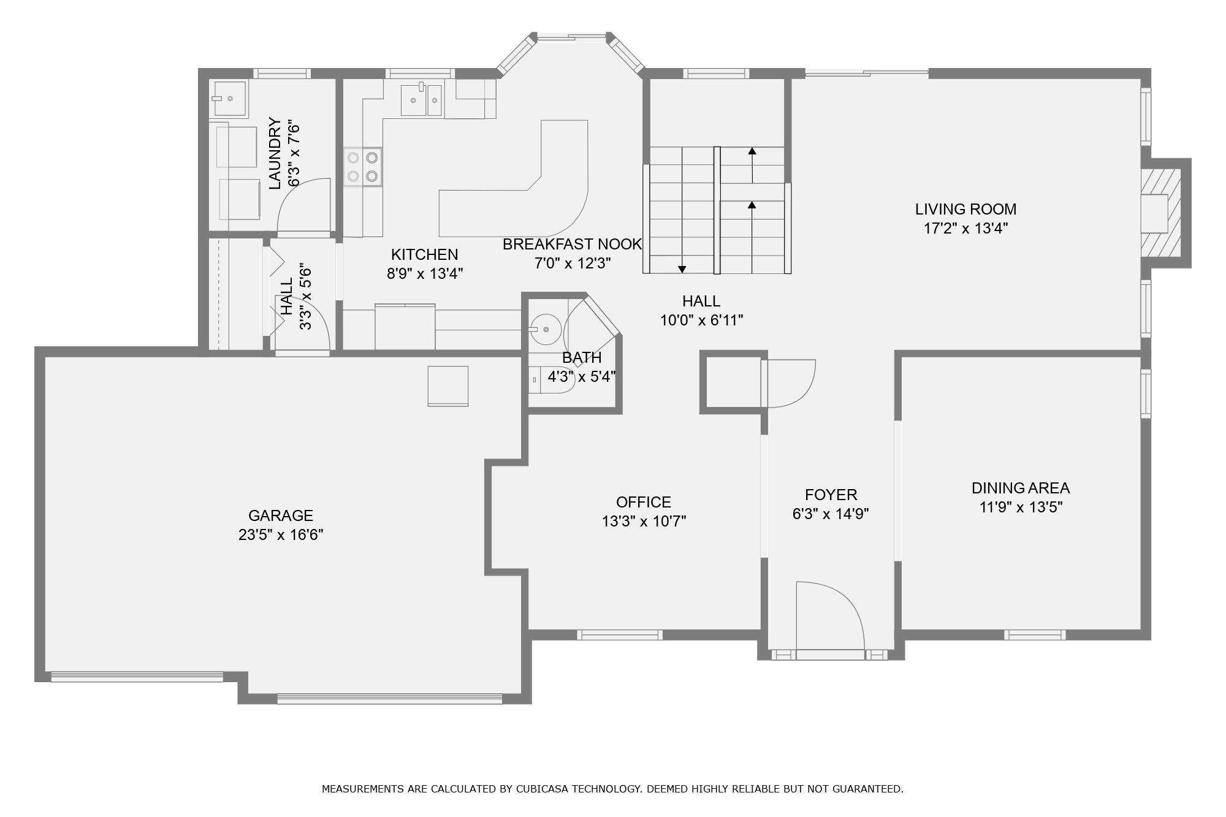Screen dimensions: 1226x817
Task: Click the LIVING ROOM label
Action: pyautogui.click(x=965, y=209)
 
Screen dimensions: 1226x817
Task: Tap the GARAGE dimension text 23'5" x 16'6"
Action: pyautogui.click(x=281, y=534)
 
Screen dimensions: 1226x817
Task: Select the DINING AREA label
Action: pyautogui.click(x=1021, y=488)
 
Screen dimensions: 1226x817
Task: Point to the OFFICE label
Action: pyautogui.click(x=644, y=502)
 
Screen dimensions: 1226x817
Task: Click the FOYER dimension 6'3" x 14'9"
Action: pyautogui.click(x=831, y=514)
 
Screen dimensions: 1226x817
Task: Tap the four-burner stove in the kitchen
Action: pyautogui.click(x=362, y=167)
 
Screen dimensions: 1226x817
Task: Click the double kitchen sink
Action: pyautogui.click(x=421, y=101)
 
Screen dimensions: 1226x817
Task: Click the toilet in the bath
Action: pyautogui.click(x=550, y=380)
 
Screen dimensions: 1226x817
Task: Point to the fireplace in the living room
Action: pyautogui.click(x=1160, y=213)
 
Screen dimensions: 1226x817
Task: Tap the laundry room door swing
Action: pyautogui.click(x=304, y=205)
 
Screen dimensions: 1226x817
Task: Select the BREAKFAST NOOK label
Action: pyautogui.click(x=572, y=244)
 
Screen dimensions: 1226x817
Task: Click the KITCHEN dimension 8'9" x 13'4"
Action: pyautogui.click(x=424, y=273)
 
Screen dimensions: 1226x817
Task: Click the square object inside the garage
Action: pyautogui.click(x=448, y=386)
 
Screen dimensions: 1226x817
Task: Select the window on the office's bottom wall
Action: pyautogui.click(x=620, y=635)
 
